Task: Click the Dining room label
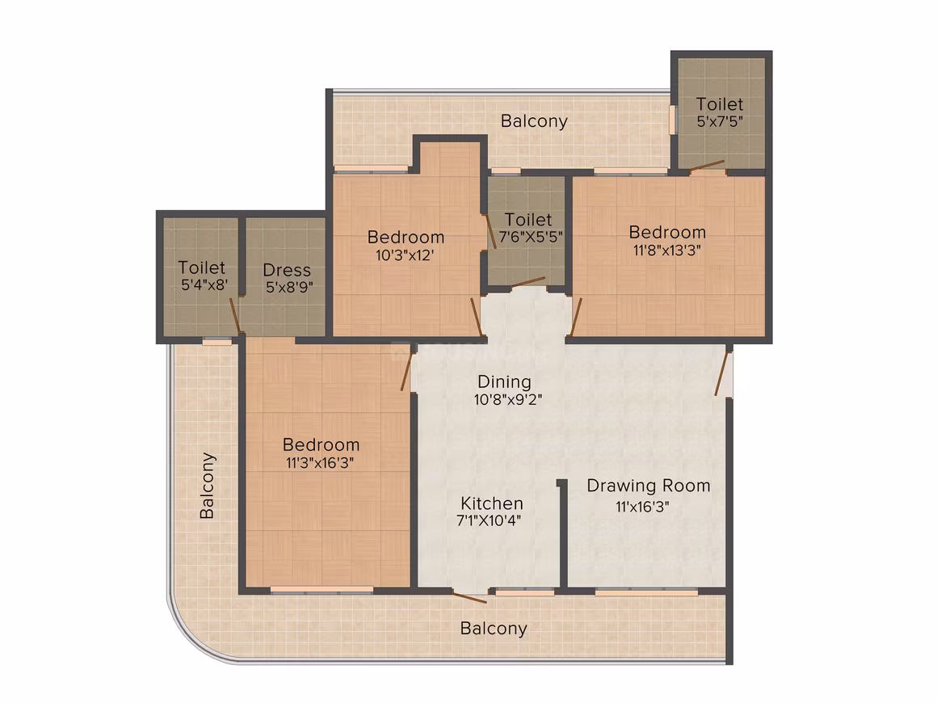[504, 381]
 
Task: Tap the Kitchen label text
[492, 503]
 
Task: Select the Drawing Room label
[649, 486]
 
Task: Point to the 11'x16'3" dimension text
[642, 507]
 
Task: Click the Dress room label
[287, 270]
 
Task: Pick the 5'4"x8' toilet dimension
[204, 285]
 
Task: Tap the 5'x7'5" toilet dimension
[720, 121]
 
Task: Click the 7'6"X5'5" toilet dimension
[531, 237]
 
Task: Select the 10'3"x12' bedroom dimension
[405, 255]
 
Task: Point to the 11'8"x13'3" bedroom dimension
[667, 250]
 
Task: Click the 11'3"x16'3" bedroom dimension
[320, 463]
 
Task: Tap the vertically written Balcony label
[207, 486]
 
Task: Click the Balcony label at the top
[534, 121]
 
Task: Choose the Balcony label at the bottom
[494, 629]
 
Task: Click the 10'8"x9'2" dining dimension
[508, 399]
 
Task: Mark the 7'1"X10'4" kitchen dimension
[489, 520]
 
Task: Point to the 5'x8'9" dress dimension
[289, 288]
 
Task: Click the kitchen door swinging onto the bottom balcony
[469, 597]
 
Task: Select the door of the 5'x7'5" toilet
[707, 166]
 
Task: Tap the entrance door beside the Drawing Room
[722, 373]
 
